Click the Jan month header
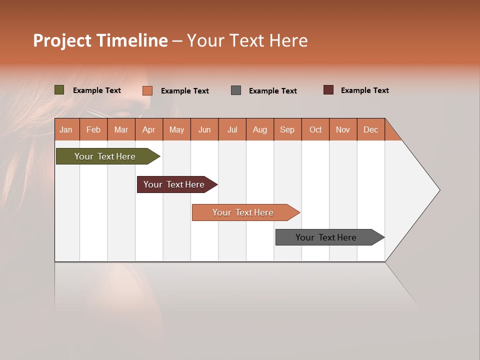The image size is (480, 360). coord(66,129)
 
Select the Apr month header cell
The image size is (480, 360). coord(148,129)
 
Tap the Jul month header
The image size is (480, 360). coord(232,129)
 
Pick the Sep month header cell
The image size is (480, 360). coord(287,129)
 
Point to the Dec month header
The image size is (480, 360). coord(370,129)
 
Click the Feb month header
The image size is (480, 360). coord(93,129)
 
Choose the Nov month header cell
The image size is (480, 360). coord(342,129)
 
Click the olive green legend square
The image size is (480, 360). coord(59,90)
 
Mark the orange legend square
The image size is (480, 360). coord(147,90)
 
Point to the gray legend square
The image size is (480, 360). coord(236,90)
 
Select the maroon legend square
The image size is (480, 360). coord(328,90)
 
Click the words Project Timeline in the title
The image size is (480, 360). coord(100,40)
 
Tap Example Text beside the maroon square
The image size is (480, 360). coord(364,90)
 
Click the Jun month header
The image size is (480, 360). coord(204,129)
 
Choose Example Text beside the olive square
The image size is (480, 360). coord(97,90)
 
